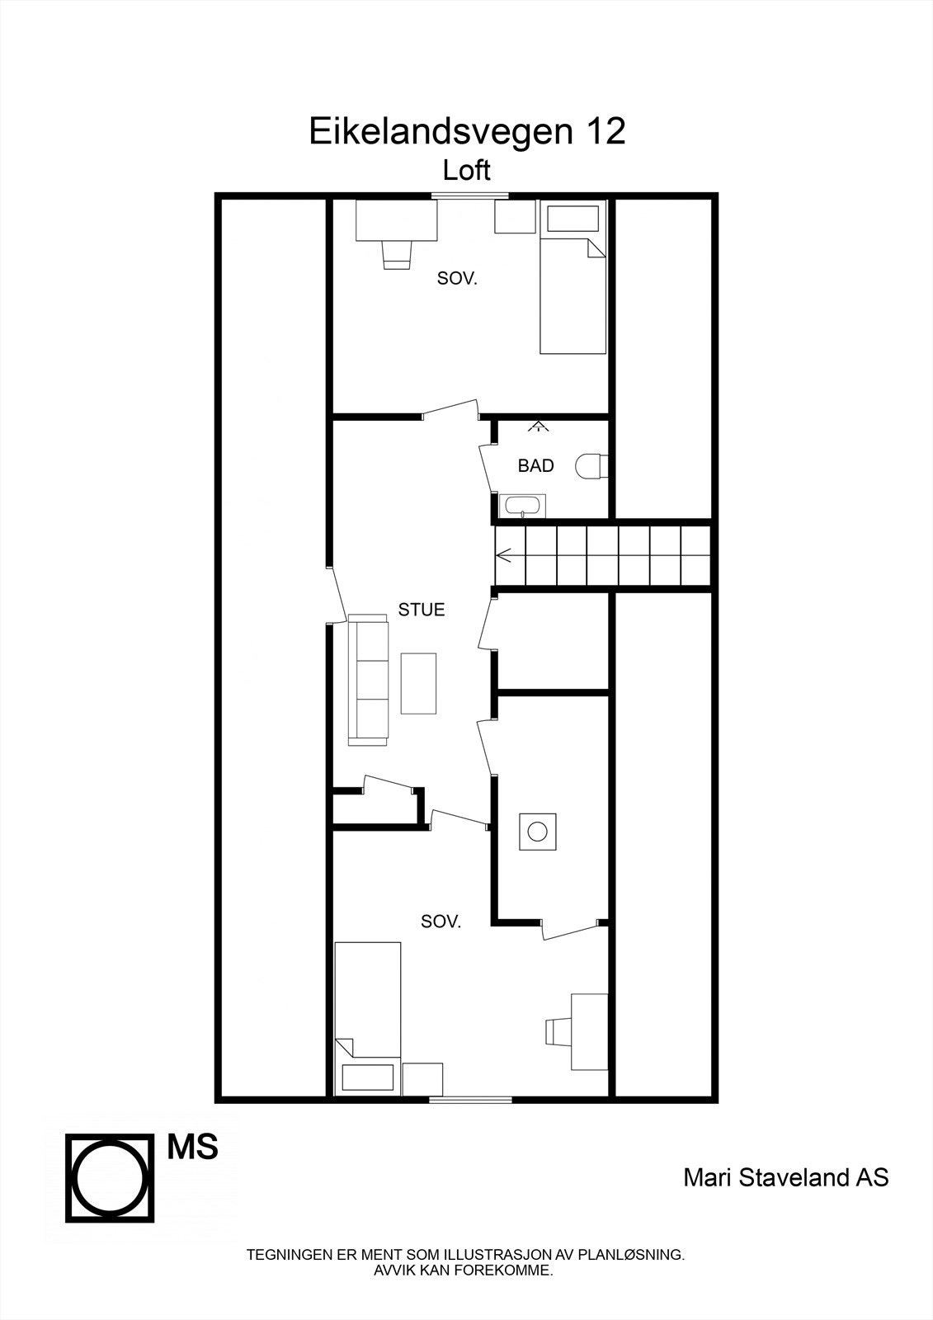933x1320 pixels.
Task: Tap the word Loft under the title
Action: point(466,171)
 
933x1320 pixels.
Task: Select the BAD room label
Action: point(535,466)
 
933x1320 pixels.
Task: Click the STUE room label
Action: point(421,610)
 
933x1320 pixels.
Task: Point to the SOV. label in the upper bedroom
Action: point(457,279)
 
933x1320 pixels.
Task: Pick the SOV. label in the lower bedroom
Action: point(441,922)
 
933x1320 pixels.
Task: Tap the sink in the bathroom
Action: point(521,505)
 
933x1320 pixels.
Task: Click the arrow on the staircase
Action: point(504,556)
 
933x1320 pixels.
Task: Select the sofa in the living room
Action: point(368,680)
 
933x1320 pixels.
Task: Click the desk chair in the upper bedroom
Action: point(397,253)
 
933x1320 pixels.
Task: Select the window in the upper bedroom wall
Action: point(469,196)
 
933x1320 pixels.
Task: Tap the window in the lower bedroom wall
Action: point(470,1098)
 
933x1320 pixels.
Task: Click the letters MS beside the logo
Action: point(192,1147)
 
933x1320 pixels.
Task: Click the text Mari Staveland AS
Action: point(785,1176)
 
